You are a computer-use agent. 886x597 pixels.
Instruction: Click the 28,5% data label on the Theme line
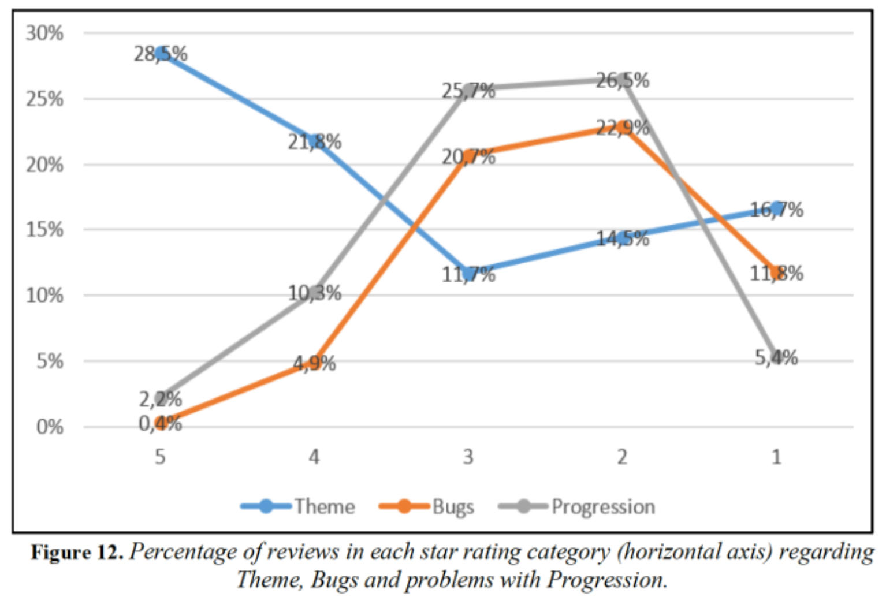click(161, 54)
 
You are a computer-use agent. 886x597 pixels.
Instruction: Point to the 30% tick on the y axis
click(44, 33)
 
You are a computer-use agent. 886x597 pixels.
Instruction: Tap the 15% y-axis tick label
click(44, 230)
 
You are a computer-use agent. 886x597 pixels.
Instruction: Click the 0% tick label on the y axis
click(49, 427)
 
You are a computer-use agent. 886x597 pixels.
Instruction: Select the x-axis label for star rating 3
click(468, 457)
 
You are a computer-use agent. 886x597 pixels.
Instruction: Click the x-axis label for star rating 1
click(776, 457)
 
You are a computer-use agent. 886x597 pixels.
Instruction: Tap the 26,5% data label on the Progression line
click(622, 80)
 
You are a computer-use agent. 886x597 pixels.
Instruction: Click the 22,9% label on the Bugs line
click(622, 127)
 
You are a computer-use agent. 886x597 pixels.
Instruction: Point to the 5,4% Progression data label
click(776, 358)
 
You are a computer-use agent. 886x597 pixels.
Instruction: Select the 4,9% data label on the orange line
click(314, 363)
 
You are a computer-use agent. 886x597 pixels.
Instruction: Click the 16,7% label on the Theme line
click(776, 210)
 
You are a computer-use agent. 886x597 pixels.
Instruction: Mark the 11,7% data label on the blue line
click(468, 274)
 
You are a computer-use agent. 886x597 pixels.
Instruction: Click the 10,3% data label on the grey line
click(315, 293)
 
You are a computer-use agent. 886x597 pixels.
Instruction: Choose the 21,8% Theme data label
click(315, 141)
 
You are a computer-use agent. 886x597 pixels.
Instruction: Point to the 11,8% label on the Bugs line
click(776, 273)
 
